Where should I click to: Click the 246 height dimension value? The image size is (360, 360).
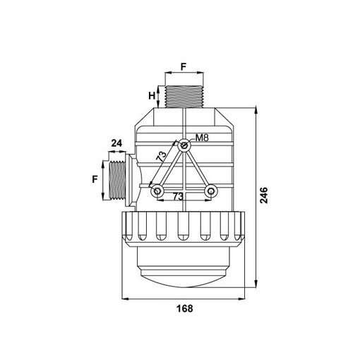[264, 195]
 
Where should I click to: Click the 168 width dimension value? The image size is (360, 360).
[185, 308]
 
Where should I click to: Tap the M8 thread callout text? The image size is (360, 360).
[202, 138]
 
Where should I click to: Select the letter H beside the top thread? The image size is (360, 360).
[152, 96]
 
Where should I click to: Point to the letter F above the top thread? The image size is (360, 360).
[184, 67]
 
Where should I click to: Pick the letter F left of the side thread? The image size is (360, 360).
[95, 179]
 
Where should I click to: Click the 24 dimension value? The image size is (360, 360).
[116, 143]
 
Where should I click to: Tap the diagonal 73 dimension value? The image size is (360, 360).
[161, 156]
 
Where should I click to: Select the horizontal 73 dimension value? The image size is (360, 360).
[178, 196]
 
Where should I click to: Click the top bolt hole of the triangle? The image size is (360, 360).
[184, 145]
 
